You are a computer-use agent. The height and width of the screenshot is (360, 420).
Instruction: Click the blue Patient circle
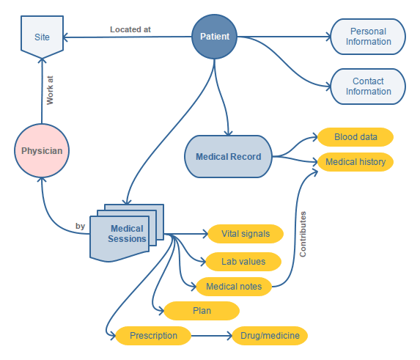pyautogui.click(x=215, y=36)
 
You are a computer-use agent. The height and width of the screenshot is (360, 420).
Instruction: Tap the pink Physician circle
pyautogui.click(x=42, y=151)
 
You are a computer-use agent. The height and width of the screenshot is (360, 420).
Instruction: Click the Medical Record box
pyautogui.click(x=227, y=156)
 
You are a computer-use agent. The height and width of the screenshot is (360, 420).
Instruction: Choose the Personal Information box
pyautogui.click(x=368, y=37)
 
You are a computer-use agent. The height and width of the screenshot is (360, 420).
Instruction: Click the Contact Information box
pyautogui.click(x=368, y=87)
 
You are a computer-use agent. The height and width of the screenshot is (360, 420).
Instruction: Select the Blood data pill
pyautogui.click(x=355, y=137)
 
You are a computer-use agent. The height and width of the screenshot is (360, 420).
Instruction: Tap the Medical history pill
pyautogui.click(x=355, y=161)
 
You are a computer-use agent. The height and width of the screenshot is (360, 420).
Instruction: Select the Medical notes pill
pyautogui.click(x=234, y=286)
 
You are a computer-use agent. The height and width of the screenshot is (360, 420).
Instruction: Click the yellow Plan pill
pyautogui.click(x=202, y=311)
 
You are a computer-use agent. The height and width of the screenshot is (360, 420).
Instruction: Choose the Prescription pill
pyautogui.click(x=153, y=336)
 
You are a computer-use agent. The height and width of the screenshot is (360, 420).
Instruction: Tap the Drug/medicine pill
pyautogui.click(x=270, y=336)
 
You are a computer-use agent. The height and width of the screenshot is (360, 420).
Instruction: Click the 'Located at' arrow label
pyautogui.click(x=130, y=29)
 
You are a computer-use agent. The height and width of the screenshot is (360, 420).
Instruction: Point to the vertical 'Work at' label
pyautogui.click(x=50, y=90)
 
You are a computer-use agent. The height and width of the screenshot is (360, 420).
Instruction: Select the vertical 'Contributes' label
pyautogui.click(x=302, y=234)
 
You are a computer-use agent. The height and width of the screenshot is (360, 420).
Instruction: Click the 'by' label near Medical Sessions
pyautogui.click(x=80, y=226)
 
